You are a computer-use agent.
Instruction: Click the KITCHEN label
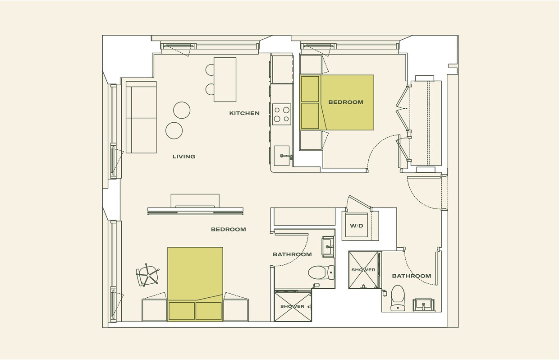pos(244,113)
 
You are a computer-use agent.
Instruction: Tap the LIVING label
pos(184,157)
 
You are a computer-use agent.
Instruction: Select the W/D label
pos(357,226)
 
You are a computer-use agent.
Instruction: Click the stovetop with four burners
pos(282,114)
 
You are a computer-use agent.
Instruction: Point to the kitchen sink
pos(282,156)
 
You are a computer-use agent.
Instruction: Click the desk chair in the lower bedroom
pos(148,275)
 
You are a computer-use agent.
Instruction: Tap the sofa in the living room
pos(141,117)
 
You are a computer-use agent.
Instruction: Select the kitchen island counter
pos(225,79)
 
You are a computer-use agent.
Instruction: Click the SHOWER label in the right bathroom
pos(363,270)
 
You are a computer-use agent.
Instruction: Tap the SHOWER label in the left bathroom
pos(293,306)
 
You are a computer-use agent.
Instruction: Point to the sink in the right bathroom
pos(424,305)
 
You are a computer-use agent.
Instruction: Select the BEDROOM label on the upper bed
pos(346,102)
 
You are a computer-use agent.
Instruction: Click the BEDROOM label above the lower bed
pos(229,229)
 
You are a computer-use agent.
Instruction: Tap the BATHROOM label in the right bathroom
pos(411,276)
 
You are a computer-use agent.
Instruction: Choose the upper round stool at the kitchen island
pos(210,69)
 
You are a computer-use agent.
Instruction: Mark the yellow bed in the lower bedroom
pos(195,280)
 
